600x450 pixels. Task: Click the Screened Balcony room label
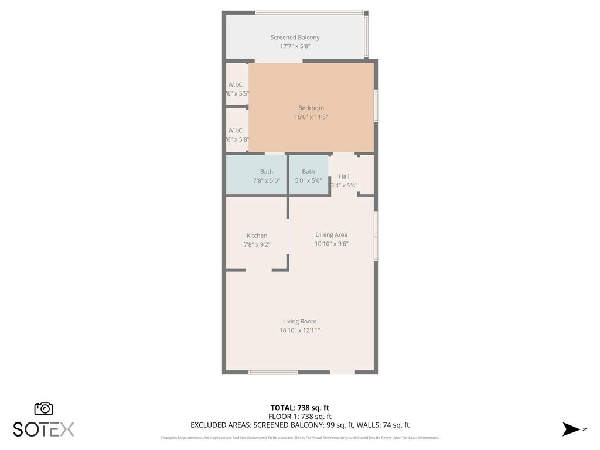coord(295,37)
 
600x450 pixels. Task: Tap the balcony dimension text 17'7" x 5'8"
coord(295,46)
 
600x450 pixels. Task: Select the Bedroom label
coord(311,108)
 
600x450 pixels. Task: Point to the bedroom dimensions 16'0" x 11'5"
coord(311,117)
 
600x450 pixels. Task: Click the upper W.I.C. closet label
coord(236,84)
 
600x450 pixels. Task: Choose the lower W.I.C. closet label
coord(236,130)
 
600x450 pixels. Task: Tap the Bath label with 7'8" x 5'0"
coord(267,172)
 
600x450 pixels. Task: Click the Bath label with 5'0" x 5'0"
coord(308,172)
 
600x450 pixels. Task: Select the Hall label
coord(344,176)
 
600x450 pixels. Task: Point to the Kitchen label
coord(257,236)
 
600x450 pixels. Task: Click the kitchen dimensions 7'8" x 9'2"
coord(257,245)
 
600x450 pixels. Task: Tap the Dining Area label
coord(331,235)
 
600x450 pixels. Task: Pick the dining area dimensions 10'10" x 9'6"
coord(331,244)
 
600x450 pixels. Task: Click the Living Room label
coord(299,321)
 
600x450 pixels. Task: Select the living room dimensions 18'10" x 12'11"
coord(299,330)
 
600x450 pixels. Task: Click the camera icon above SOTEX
coord(43,408)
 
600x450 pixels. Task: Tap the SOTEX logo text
coord(43,429)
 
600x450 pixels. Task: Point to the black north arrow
coord(571,429)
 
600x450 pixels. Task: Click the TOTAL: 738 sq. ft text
coord(299,408)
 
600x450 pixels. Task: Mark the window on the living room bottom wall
coord(273,372)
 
